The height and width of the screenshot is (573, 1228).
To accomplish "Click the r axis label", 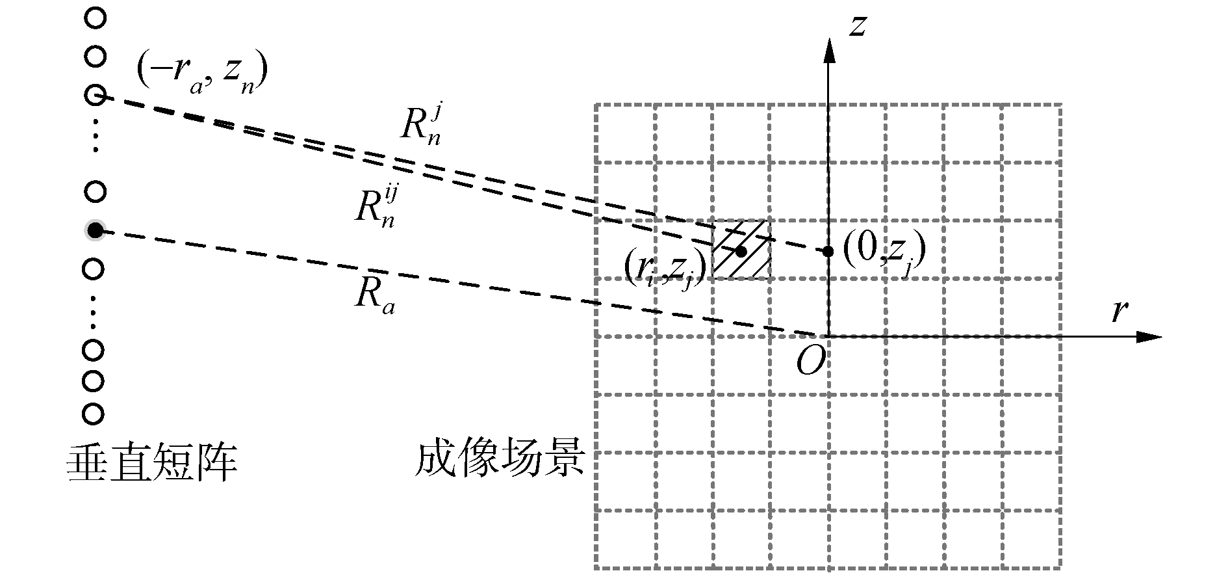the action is [x=1118, y=312].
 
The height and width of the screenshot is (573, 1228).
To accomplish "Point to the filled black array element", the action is [x=96, y=230].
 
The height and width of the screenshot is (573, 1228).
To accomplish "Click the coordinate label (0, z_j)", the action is [x=883, y=252].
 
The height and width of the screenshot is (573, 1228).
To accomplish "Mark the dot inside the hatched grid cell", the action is [x=741, y=250].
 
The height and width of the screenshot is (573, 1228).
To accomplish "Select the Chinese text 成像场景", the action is [x=500, y=459].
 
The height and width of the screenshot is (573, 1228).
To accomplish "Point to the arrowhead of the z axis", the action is [x=828, y=49].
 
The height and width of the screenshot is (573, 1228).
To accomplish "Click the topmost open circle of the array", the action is [x=96, y=19].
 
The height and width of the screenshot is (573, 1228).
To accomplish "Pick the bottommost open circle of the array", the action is [x=94, y=414].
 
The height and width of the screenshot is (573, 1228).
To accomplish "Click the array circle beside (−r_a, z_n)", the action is [x=96, y=96].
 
